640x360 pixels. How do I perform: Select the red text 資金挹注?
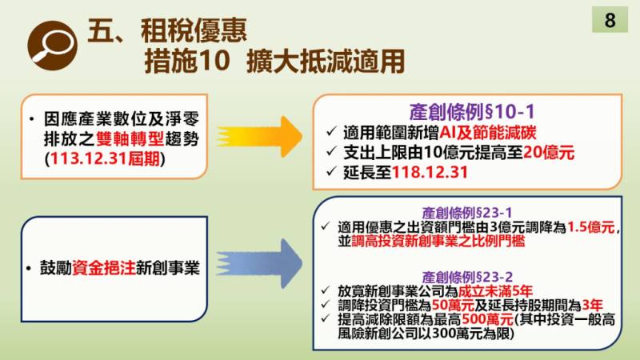point(101,268)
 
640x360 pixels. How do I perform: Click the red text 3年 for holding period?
point(592,304)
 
